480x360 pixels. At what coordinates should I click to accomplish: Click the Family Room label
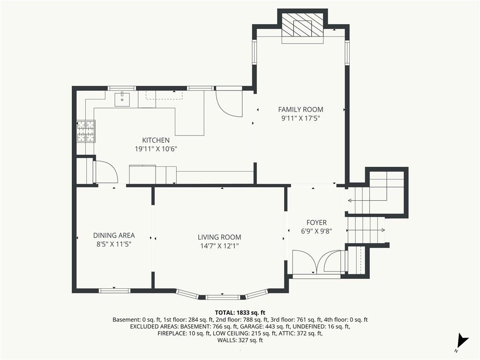coord(300,109)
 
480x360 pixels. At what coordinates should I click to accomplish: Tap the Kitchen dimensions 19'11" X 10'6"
coord(156,149)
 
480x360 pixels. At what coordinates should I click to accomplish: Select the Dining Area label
coord(114,235)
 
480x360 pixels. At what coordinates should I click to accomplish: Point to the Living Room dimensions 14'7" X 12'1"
coord(219,246)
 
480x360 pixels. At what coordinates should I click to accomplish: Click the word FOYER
coord(316,223)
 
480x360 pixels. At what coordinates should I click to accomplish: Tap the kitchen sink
coord(122,99)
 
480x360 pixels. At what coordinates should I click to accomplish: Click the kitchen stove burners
coord(86,131)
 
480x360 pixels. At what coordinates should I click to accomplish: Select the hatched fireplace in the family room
coord(302,28)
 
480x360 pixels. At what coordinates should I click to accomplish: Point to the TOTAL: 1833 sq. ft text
coord(240,313)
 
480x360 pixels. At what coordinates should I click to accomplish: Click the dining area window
coord(115,290)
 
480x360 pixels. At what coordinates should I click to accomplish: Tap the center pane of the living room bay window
coord(223,297)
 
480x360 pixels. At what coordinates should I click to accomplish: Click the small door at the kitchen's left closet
coord(105,172)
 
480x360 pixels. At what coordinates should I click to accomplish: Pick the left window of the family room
coord(254,52)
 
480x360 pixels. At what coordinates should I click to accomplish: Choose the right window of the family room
coord(347,52)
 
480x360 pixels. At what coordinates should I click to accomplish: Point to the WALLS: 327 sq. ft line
coord(240,340)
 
